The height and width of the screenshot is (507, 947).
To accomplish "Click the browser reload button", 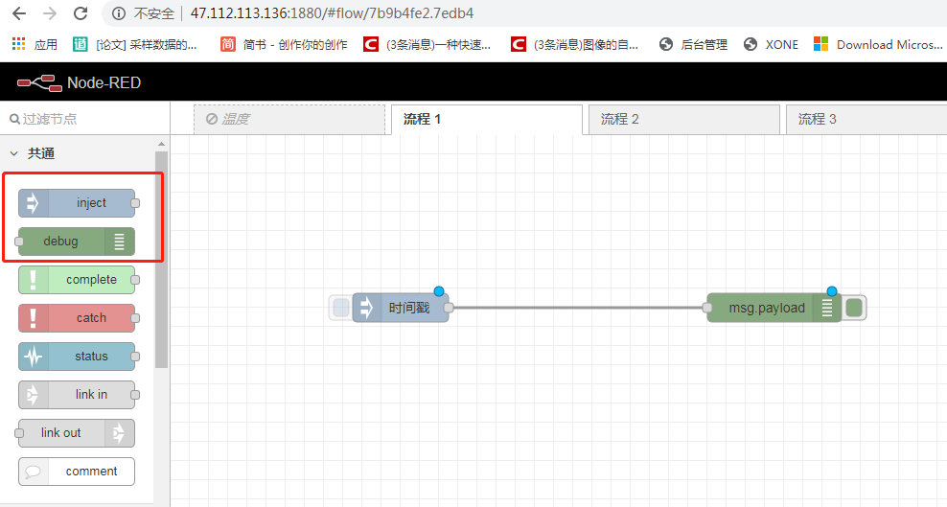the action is coord(81,13).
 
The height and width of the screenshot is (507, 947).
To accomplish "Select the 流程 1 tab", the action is coord(486,119).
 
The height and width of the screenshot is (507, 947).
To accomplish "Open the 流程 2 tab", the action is coord(682,119).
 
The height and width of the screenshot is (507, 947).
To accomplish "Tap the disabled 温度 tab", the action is coord(289,119).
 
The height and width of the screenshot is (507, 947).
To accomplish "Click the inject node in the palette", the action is coord(77,203).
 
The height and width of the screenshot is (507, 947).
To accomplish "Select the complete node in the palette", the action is coord(77,280).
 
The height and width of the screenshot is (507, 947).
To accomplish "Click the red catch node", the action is coord(77,318).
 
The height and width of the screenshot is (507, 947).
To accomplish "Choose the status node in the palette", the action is coord(77,357).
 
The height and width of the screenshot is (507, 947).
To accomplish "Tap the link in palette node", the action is coord(77,395).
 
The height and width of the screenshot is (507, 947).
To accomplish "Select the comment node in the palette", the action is coord(77,472).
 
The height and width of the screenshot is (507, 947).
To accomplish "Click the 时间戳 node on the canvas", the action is coord(401,308).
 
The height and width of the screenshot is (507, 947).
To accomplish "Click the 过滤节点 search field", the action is coord(81,119).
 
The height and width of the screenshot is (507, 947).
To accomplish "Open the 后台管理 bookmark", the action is coord(694,44).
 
